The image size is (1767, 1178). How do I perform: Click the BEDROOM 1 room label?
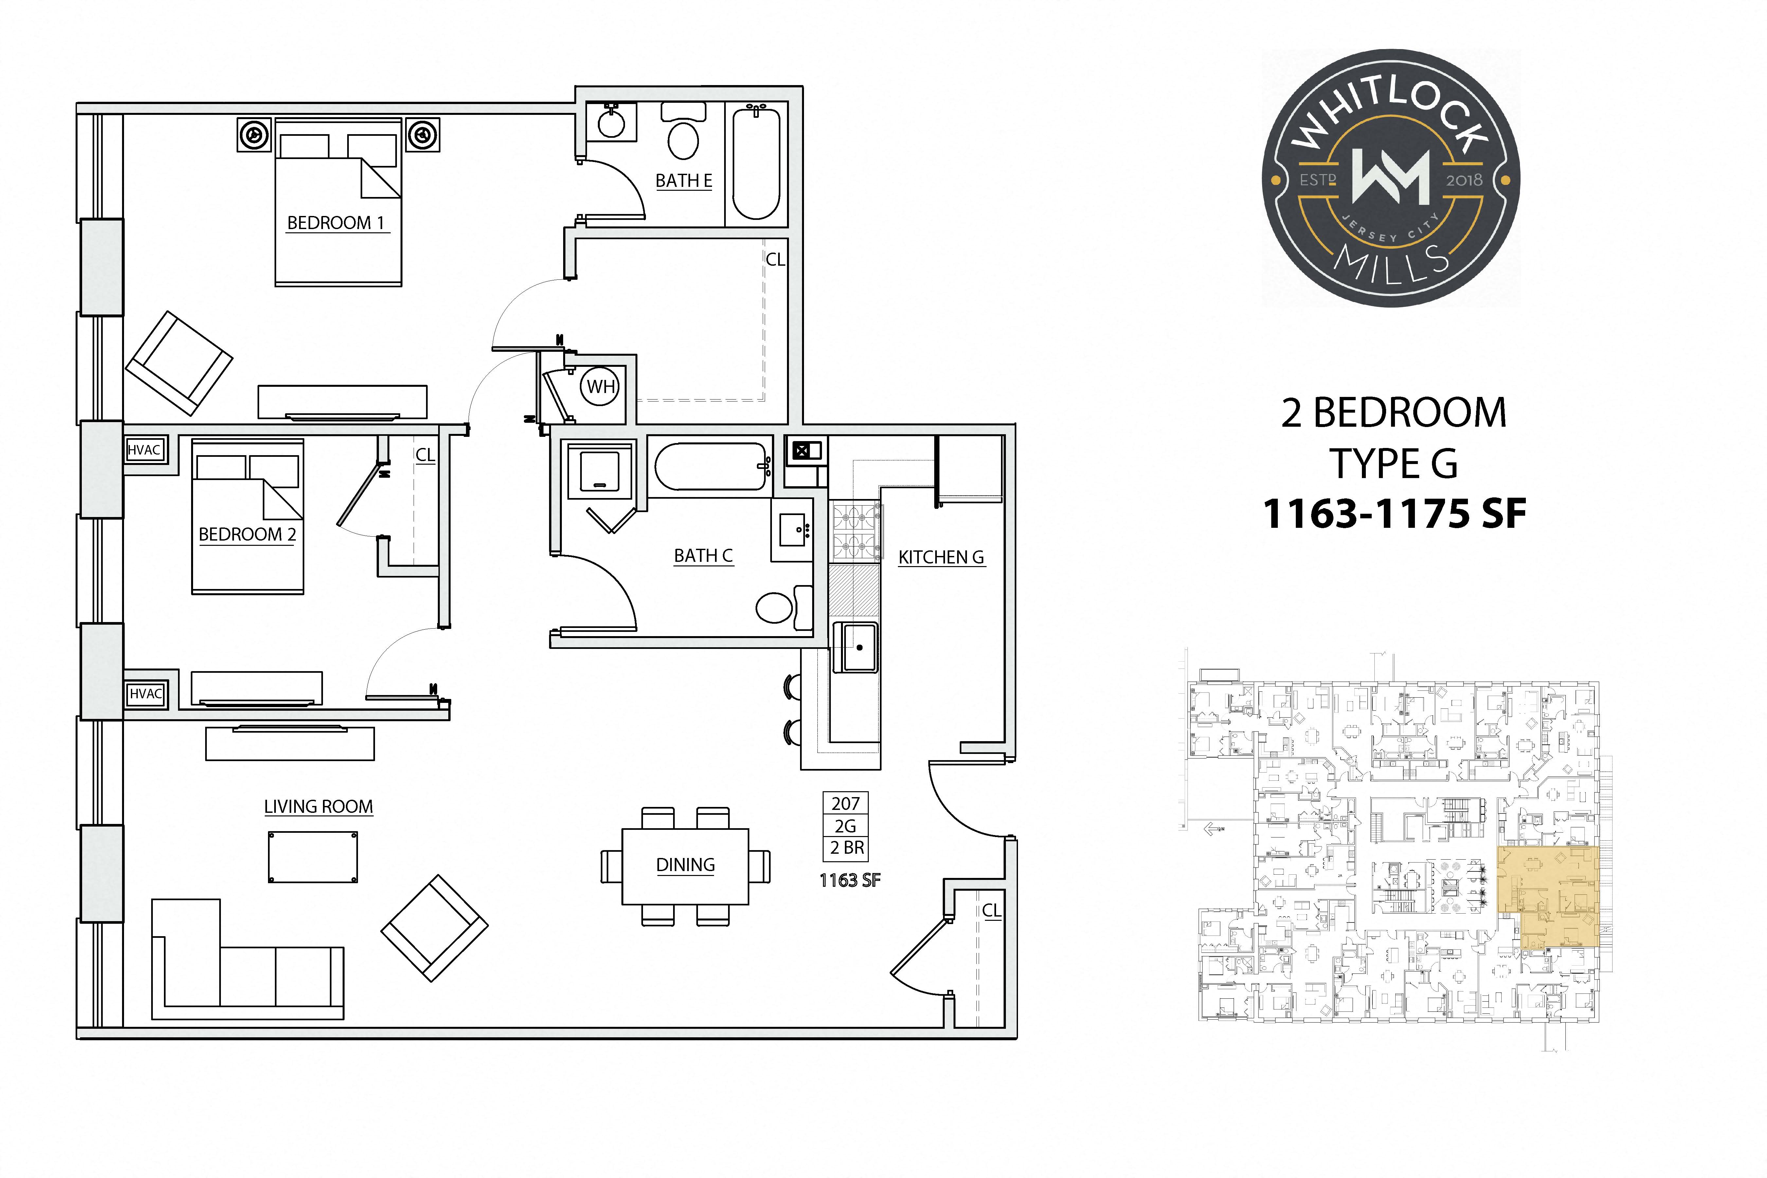(x=336, y=223)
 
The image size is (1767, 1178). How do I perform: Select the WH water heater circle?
(x=600, y=387)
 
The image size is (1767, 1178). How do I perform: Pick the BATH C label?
(x=703, y=556)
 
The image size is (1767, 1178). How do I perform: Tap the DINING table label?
(x=685, y=865)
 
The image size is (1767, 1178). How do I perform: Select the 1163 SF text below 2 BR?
(x=850, y=881)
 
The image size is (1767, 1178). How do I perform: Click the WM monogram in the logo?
(x=1391, y=177)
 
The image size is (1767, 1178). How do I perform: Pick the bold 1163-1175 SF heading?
(x=1394, y=514)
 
